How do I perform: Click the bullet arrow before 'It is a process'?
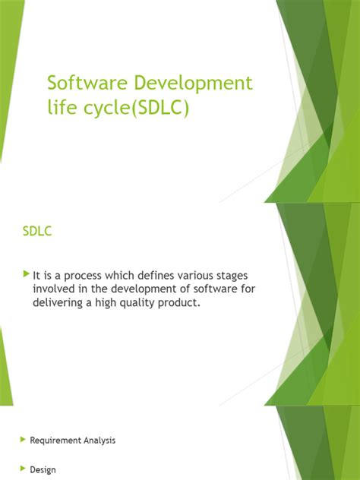coord(27,273)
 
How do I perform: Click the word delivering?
coord(58,303)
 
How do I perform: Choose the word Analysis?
coord(101,440)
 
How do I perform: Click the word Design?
coord(43,469)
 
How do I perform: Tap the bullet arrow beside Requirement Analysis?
coord(22,440)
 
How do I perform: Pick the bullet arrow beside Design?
coord(22,469)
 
